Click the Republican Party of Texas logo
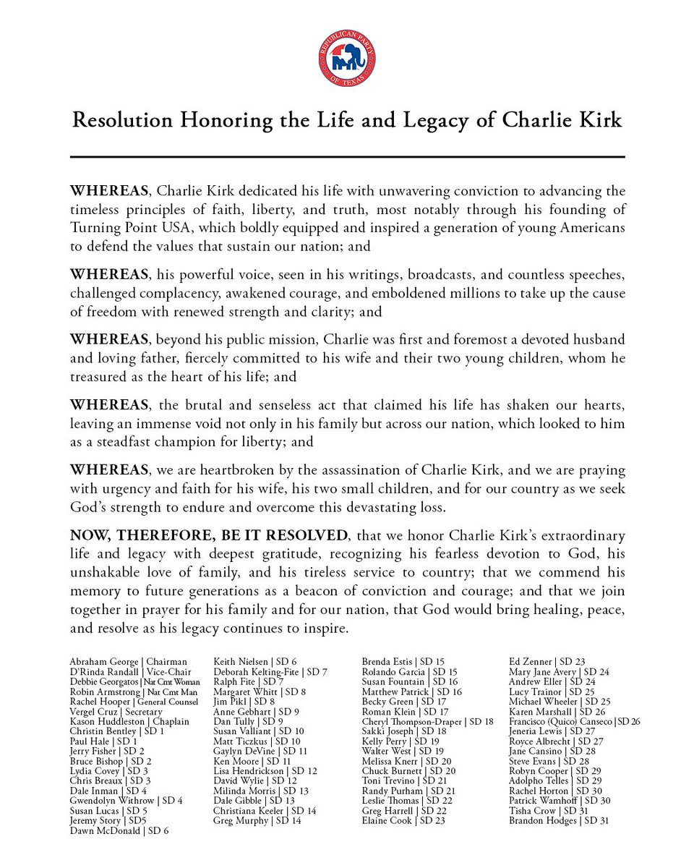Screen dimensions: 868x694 346,59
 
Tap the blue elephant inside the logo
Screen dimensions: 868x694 346,61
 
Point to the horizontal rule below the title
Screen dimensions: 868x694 347,156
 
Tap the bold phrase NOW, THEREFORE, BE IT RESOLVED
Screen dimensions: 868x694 208,536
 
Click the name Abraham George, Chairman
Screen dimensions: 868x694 128,661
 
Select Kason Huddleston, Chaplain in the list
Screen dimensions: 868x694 129,721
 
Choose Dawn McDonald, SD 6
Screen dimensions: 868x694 119,831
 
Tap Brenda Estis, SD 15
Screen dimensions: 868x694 403,661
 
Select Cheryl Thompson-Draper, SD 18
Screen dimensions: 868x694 427,721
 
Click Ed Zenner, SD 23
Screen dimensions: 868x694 547,661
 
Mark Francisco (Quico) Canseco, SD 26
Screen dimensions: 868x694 574,721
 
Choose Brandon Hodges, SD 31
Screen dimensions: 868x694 558,820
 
